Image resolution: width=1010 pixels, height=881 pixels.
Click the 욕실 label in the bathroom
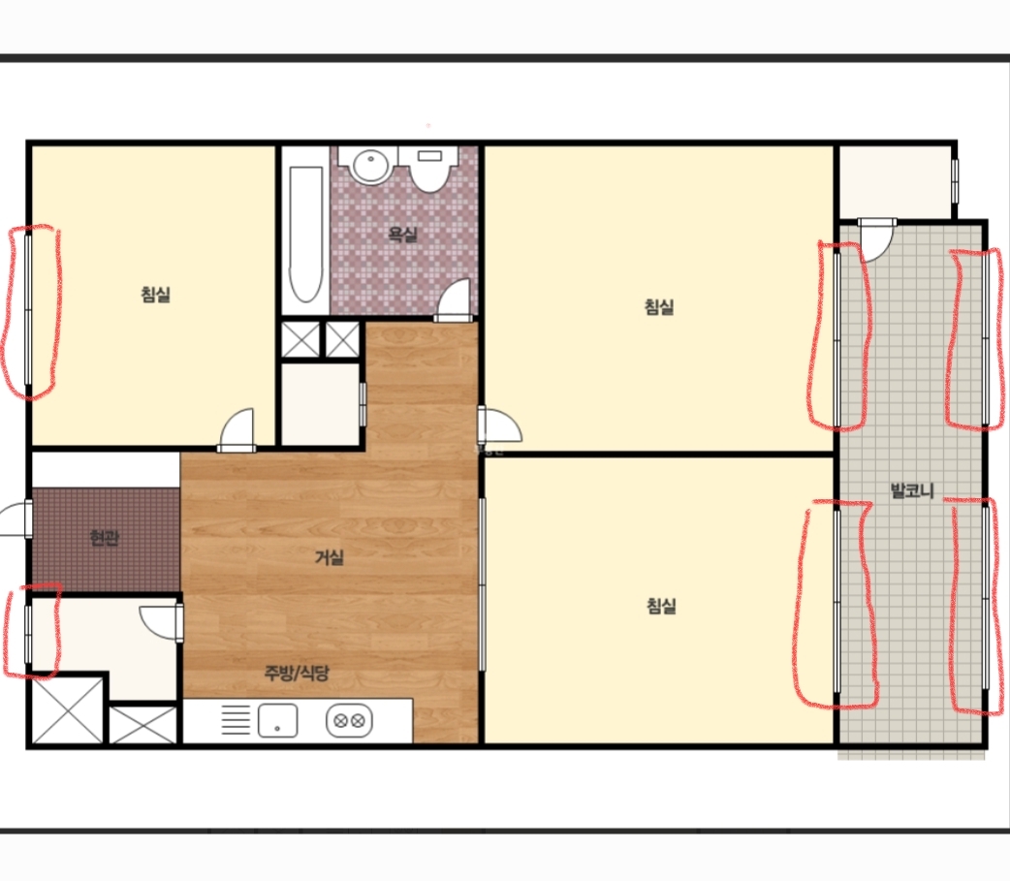402,234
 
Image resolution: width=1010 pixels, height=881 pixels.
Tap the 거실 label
330,557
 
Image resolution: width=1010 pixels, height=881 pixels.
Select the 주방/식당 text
297,673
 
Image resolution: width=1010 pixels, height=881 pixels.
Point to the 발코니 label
912,490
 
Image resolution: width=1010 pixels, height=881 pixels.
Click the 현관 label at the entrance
105,538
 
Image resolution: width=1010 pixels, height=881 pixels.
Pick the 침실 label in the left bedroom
155,295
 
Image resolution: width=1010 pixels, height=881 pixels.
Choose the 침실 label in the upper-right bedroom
659,306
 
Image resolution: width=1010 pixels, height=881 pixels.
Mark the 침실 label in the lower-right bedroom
661,606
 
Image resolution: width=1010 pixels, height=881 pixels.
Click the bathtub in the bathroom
305,235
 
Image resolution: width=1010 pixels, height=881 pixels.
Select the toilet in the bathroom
428,169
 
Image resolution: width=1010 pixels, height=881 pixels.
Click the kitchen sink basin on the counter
277,721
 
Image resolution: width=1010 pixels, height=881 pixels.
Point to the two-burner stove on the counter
349,721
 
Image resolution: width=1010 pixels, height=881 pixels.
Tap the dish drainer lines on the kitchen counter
236,720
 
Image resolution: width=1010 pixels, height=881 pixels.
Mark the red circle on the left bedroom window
31,311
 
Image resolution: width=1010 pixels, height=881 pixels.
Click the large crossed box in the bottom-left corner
68,709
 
